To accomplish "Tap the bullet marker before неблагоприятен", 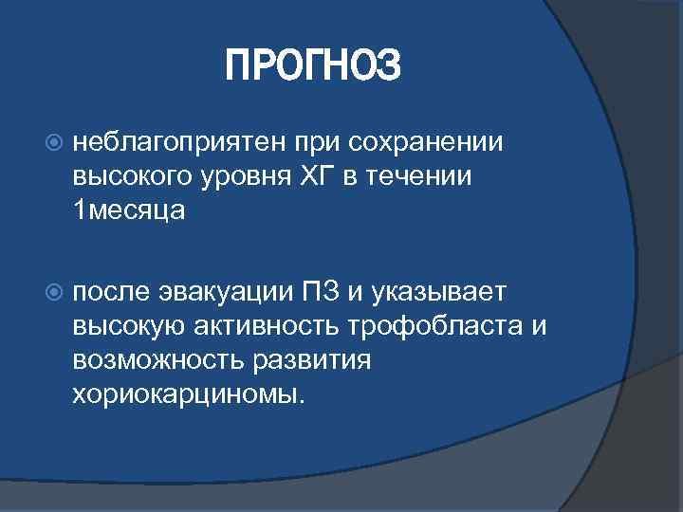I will pyautogui.click(x=53, y=142).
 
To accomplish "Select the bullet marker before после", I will pyautogui.click(x=53, y=290).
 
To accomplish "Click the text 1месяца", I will pyautogui.click(x=129, y=211).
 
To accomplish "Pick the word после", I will pyautogui.click(x=111, y=290).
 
